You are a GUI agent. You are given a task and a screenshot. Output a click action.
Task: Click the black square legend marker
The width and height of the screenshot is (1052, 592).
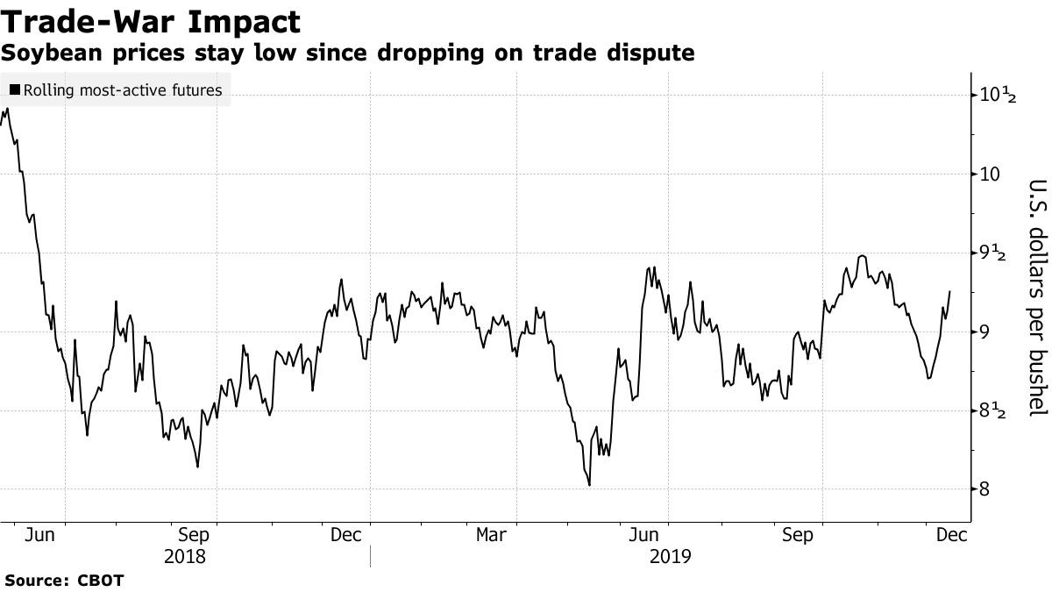pyautogui.click(x=15, y=89)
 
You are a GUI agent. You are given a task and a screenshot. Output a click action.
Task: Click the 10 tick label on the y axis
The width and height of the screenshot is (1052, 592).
pyautogui.click(x=991, y=174)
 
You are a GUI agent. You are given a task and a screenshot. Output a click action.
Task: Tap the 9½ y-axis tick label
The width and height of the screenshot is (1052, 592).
pyautogui.click(x=997, y=253)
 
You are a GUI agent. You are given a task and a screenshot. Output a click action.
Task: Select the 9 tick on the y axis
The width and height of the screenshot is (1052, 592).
pyautogui.click(x=986, y=332)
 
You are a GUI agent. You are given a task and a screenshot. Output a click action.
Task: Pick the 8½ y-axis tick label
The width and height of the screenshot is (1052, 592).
pyautogui.click(x=997, y=410)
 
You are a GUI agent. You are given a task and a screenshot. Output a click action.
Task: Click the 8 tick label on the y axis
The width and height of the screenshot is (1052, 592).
pyautogui.click(x=986, y=489)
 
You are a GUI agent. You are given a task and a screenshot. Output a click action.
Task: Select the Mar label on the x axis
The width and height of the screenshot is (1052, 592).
pyautogui.click(x=492, y=534)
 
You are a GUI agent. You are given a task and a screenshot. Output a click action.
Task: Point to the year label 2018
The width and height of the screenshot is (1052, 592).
pyautogui.click(x=185, y=556)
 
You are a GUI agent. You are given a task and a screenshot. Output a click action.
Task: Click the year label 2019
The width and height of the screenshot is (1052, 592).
pyautogui.click(x=671, y=556)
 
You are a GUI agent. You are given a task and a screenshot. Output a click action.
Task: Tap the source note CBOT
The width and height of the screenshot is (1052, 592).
pyautogui.click(x=102, y=581)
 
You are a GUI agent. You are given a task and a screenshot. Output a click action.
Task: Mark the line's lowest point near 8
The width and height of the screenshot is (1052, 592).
pyautogui.click(x=589, y=485)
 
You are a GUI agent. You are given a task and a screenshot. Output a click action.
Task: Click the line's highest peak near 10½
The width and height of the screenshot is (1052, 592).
pyautogui.click(x=7, y=109)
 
